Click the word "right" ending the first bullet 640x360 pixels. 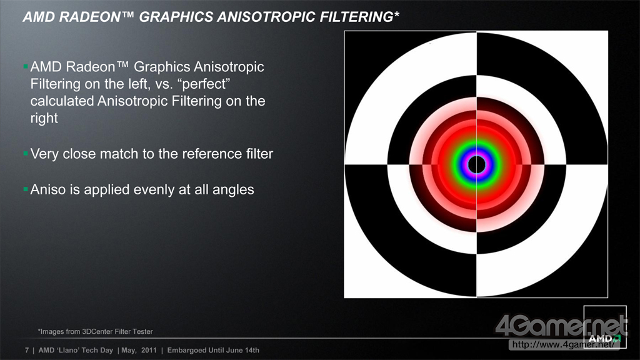coord(44,118)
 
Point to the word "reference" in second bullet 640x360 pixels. coord(212,154)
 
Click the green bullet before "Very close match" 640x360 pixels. coord(26,154)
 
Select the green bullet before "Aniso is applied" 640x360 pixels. coord(26,189)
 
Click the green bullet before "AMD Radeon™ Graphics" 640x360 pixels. coord(26,66)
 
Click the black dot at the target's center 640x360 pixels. coord(476,164)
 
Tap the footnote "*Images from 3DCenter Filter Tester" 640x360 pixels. coord(95,331)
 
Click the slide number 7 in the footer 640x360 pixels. coord(27,350)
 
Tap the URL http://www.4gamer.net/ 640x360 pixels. coord(563,344)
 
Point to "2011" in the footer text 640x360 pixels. coord(149,350)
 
